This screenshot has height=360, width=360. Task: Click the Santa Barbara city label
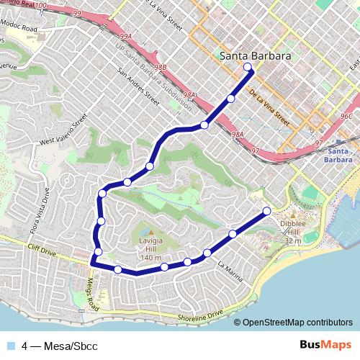click(x=255, y=55)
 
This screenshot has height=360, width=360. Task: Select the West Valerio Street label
click(x=66, y=129)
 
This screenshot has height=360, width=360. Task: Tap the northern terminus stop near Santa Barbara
click(x=248, y=68)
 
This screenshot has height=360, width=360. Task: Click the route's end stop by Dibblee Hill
click(x=266, y=211)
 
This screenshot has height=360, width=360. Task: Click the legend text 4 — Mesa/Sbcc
click(x=59, y=346)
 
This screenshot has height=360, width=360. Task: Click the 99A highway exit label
click(x=126, y=36)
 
